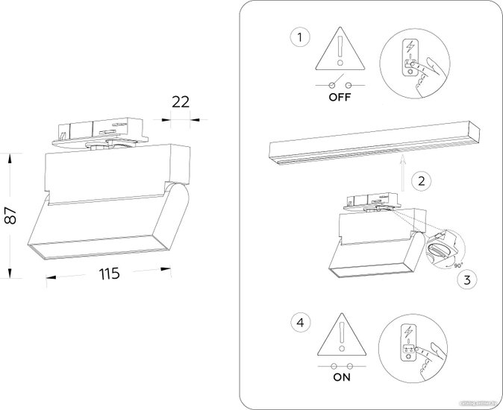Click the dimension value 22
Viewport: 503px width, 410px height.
[x=180, y=102]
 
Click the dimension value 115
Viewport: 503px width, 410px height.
[x=109, y=274]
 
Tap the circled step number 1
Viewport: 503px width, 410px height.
[x=299, y=38]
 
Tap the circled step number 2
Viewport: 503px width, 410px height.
[x=422, y=180]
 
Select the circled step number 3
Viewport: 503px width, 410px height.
[x=466, y=280]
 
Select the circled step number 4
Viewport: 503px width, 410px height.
[x=299, y=323]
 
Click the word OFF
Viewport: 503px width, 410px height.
[x=340, y=96]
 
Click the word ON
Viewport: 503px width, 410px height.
[x=340, y=379]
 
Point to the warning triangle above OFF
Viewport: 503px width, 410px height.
[x=340, y=52]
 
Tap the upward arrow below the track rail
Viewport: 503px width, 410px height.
[x=401, y=171]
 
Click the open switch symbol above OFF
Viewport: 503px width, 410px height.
[x=340, y=82]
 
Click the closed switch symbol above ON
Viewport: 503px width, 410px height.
[x=340, y=365]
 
